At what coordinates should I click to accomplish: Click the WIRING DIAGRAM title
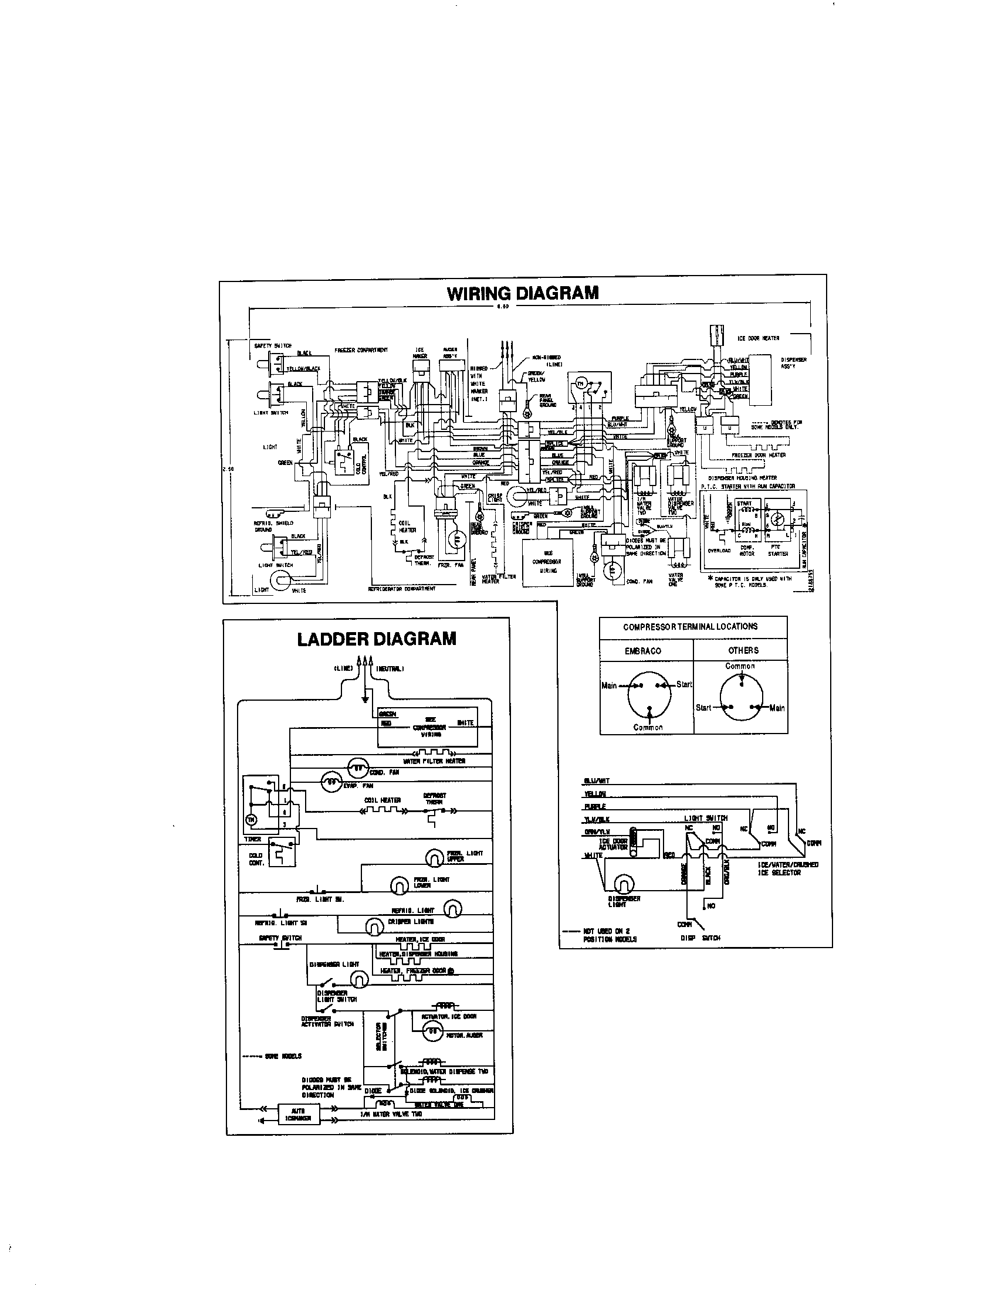tap(522, 293)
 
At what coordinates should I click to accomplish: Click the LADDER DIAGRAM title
tap(377, 639)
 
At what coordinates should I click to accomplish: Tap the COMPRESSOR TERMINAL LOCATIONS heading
tap(690, 626)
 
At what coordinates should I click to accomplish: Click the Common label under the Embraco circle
tap(648, 727)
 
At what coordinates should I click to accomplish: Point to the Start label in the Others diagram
tap(703, 707)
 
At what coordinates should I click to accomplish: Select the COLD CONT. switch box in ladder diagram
tap(281, 853)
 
